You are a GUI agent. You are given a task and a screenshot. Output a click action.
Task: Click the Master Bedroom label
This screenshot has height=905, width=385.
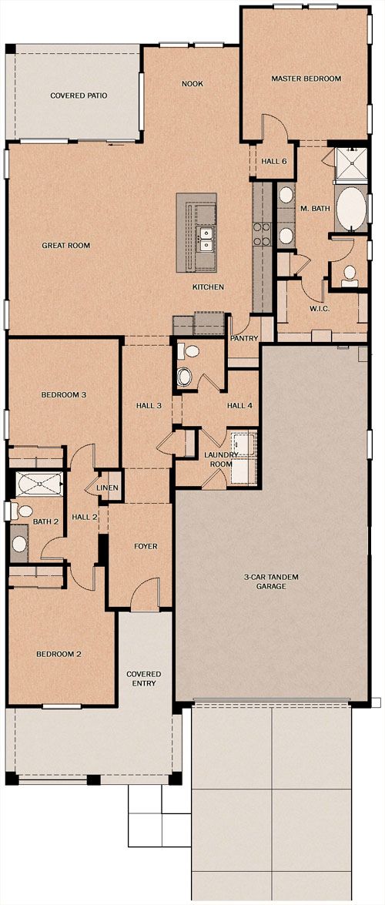click(x=306, y=79)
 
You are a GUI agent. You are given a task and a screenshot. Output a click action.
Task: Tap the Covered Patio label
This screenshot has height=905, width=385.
click(x=79, y=96)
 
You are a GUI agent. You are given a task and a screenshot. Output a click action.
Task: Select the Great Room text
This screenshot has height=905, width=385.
click(x=65, y=245)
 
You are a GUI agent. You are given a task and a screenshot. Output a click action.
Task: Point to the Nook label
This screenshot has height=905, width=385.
click(x=192, y=84)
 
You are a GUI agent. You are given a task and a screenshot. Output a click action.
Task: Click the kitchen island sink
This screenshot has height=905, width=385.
click(x=204, y=240)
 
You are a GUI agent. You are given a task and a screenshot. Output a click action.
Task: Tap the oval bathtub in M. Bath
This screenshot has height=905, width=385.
click(x=351, y=208)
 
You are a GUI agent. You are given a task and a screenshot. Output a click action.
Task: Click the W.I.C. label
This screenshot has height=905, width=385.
click(x=320, y=309)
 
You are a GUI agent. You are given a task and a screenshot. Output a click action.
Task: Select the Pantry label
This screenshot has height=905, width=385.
click(x=244, y=337)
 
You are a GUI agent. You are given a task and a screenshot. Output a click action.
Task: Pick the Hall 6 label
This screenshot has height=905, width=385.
click(x=274, y=161)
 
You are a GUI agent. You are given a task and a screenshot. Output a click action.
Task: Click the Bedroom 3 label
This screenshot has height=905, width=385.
click(x=63, y=395)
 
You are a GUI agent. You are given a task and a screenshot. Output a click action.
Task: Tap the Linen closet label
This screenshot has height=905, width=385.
click(x=108, y=488)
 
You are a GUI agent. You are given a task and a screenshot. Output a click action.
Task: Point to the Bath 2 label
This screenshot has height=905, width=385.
click(x=45, y=521)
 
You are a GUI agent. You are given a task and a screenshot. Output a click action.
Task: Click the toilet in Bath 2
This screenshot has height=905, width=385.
click(x=22, y=511)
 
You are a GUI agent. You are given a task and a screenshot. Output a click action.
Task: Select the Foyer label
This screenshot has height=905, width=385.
click(x=146, y=546)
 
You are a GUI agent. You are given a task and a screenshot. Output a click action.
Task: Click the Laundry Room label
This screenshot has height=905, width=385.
click(x=221, y=459)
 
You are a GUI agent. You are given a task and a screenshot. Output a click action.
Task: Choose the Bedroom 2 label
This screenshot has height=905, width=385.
click(x=59, y=654)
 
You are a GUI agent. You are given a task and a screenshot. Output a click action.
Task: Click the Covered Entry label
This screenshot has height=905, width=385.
click(x=144, y=679)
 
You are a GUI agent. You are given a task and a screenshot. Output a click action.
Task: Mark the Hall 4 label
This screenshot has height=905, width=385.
click(x=239, y=405)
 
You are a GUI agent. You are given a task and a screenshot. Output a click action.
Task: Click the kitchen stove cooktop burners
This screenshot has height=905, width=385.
click(x=263, y=233)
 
